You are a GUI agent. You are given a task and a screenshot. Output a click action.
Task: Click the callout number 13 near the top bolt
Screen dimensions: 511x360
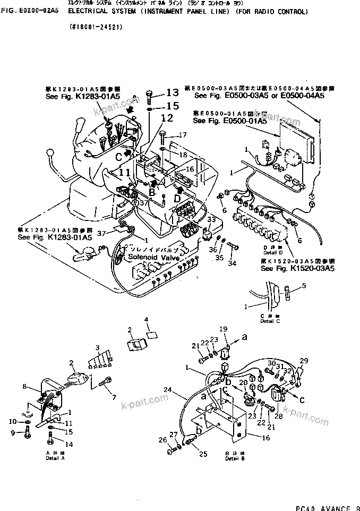173,92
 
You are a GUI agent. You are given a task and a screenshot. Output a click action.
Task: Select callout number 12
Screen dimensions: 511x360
167,118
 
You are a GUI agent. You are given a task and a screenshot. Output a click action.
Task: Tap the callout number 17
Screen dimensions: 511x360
182,135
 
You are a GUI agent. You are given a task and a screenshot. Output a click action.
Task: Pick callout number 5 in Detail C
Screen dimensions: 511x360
304,286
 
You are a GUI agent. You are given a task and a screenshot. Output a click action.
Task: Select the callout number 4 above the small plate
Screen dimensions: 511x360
147,319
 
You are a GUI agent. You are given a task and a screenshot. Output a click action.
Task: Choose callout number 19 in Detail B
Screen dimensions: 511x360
224,329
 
